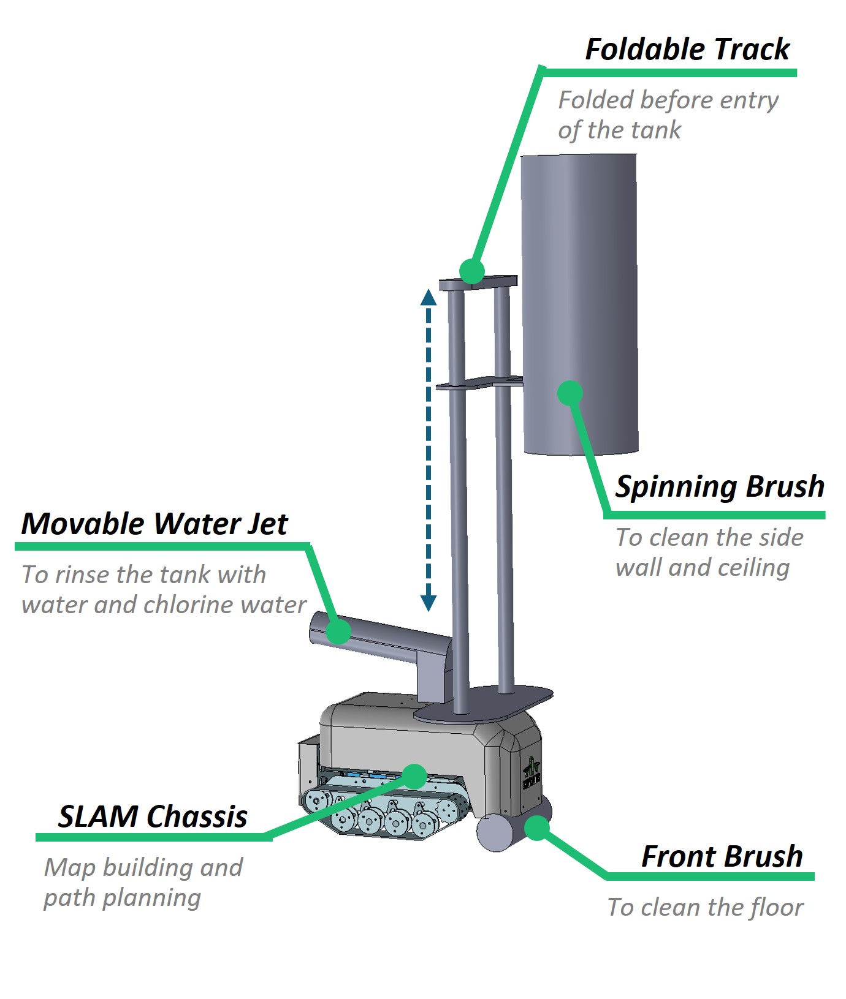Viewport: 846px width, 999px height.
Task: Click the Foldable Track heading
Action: pos(687,49)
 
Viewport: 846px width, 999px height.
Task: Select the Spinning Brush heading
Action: pos(720,487)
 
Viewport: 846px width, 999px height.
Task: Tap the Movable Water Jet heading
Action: pos(154,524)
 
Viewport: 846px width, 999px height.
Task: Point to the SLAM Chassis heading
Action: pos(153,816)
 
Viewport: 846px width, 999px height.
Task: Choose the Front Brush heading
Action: pos(722,856)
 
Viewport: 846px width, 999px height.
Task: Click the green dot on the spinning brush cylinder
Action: pos(570,393)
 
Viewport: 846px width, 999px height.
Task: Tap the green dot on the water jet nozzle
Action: pos(338,631)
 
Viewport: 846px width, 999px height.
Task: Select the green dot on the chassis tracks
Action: pos(415,776)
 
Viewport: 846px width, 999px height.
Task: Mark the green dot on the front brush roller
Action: pos(537,827)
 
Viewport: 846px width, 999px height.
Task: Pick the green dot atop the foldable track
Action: pos(471,271)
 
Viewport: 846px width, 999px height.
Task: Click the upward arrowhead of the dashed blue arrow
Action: pos(428,298)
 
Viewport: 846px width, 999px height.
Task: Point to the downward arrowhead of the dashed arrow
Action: pos(428,603)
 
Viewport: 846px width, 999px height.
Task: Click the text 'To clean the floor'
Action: pos(705,907)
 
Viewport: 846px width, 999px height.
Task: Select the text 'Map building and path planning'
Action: pos(143,882)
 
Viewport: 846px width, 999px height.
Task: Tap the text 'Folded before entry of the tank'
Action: pos(667,115)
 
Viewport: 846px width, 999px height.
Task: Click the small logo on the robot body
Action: pos(531,774)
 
